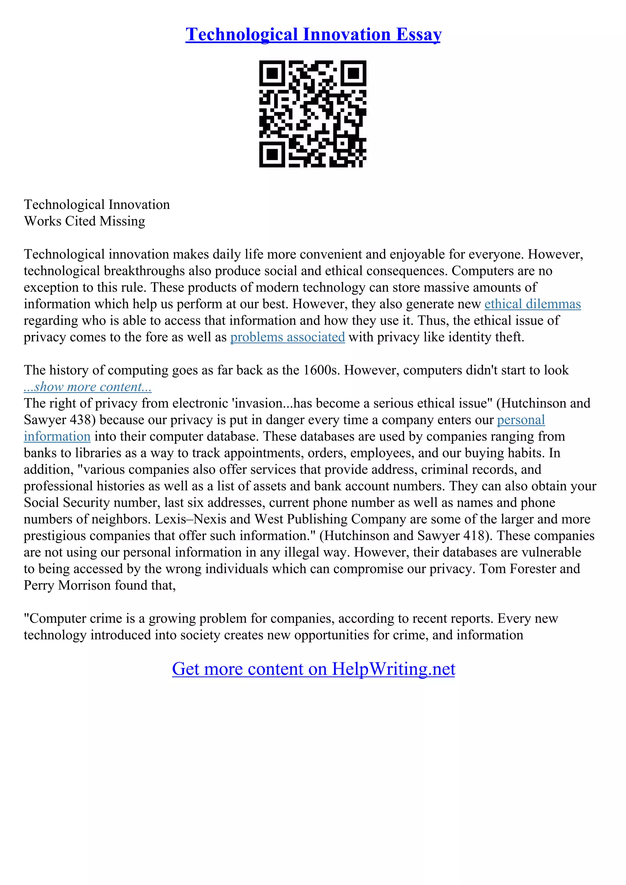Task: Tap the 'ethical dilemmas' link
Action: [x=532, y=304]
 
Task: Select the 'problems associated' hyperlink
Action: [x=287, y=337]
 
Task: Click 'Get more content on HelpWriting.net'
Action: [x=313, y=669]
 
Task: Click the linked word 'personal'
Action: [x=521, y=420]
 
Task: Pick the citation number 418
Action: [x=473, y=536]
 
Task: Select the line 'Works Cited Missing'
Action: [x=84, y=221]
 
